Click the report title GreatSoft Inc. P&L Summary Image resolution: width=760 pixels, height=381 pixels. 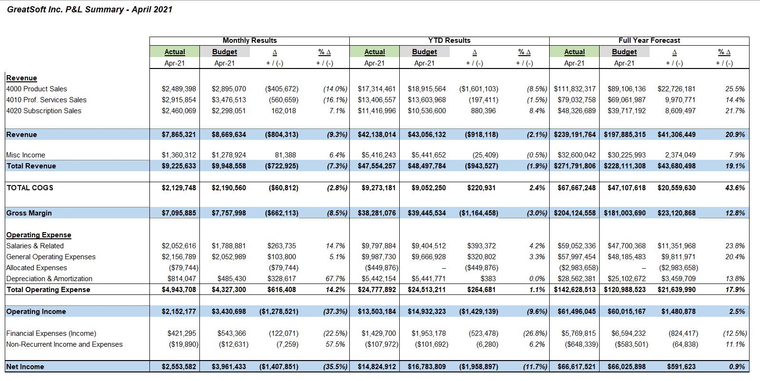65,10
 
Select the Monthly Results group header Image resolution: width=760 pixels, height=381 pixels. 249,40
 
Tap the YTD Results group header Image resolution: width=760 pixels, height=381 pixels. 449,40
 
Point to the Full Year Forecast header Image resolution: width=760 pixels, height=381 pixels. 649,40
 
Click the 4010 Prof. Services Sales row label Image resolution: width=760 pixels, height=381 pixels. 47,100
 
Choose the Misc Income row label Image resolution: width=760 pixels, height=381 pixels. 25,155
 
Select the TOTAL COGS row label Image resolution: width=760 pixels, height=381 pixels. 30,188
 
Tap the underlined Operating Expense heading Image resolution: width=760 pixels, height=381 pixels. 39,235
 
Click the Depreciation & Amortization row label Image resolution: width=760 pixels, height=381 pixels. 49,279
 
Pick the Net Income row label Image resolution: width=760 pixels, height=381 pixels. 25,366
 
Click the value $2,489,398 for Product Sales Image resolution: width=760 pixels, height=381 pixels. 179,89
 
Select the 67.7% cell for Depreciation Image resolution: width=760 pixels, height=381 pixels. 335,279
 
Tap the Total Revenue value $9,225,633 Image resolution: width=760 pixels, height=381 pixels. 179,166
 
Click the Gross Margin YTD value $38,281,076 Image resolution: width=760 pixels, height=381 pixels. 376,213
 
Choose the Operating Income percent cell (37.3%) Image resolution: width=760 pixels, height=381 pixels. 335,312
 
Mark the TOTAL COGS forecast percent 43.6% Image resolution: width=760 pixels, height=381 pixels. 735,188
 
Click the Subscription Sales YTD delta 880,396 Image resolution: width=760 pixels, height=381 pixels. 483,110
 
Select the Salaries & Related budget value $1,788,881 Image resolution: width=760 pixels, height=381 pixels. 229,246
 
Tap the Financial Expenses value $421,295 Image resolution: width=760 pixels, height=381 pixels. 181,333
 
